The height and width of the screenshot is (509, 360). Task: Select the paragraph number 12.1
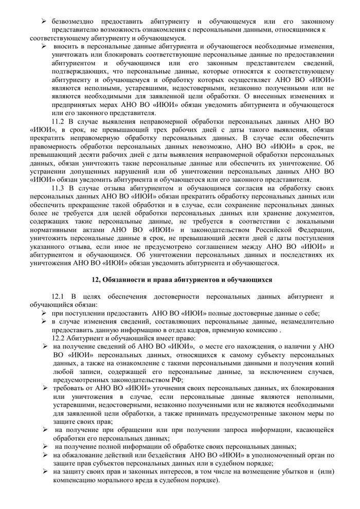[x=59, y=297]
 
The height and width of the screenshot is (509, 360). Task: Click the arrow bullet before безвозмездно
[x=45, y=22]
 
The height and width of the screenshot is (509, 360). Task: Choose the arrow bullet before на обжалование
[x=45, y=455]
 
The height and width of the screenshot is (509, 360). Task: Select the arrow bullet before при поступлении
[x=45, y=313]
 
